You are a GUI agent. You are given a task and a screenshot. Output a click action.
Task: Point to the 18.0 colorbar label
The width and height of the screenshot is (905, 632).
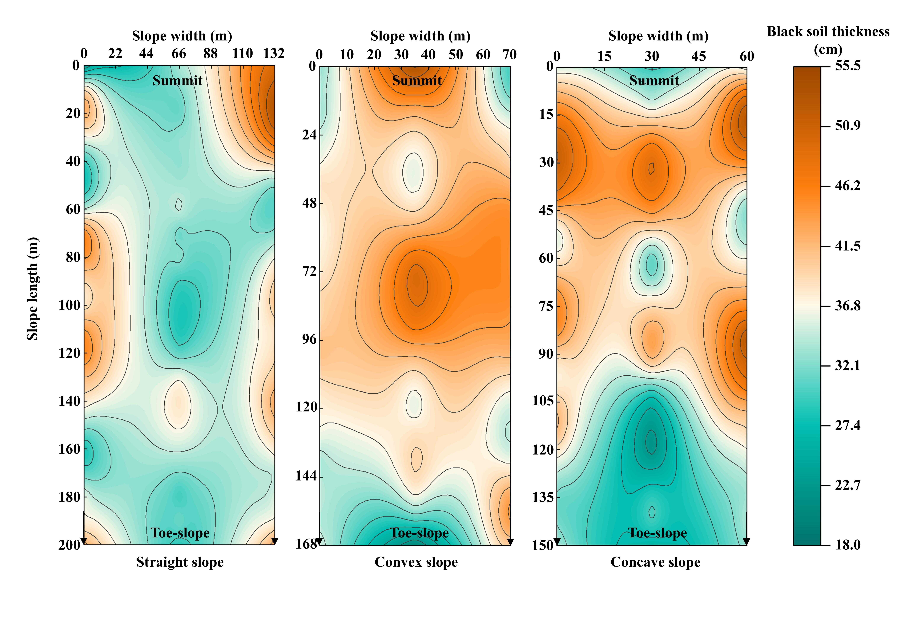(847, 545)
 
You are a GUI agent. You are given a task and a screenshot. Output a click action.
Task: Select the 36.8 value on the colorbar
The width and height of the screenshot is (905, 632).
(847, 306)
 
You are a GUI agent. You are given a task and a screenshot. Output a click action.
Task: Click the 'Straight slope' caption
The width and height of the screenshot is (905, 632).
(180, 562)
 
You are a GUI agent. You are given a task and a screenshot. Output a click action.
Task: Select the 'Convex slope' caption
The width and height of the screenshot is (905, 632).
(416, 562)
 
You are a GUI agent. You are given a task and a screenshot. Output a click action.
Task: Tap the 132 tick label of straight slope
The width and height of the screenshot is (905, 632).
(274, 53)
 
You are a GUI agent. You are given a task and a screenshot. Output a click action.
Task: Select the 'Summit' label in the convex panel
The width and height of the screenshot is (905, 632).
(417, 80)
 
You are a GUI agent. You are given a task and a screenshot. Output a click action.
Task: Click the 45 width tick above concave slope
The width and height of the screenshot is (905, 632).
(699, 56)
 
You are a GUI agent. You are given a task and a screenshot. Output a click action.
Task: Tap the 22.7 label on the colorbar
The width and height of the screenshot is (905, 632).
(847, 485)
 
